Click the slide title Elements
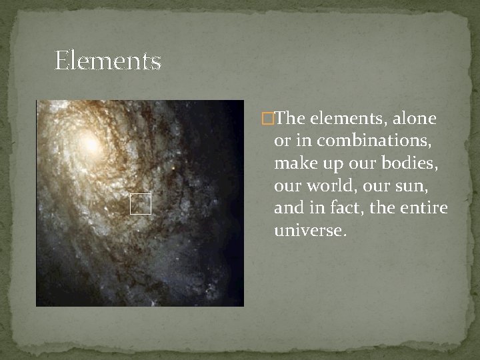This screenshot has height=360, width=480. [107, 61]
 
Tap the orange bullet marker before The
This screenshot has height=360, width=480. [268, 119]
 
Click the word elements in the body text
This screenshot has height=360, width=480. [337, 119]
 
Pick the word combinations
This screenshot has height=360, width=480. [375, 141]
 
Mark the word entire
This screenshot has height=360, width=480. [424, 208]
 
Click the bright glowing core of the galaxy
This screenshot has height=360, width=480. [89, 141]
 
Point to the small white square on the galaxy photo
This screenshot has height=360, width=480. [141, 205]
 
